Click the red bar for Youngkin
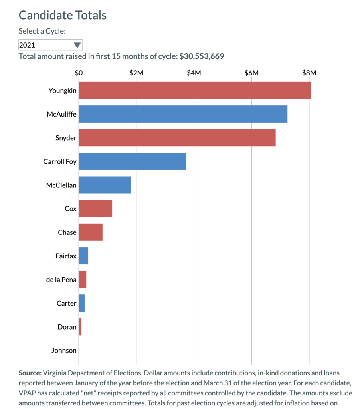click(194, 90)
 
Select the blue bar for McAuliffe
click(183, 114)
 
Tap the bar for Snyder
click(177, 137)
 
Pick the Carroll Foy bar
click(132, 161)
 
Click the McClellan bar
click(105, 185)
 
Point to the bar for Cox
click(95, 208)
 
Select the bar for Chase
click(91, 232)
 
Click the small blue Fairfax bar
click(83, 256)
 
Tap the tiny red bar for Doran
click(80, 327)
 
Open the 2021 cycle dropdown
click(50, 45)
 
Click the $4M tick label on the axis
click(194, 73)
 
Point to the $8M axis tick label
click(309, 73)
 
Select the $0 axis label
click(79, 73)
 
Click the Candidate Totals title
click(63, 15)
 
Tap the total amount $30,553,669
click(202, 56)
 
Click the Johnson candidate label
click(64, 351)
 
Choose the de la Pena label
click(61, 280)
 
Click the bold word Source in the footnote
click(30, 373)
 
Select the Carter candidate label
click(66, 303)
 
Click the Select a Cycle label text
click(42, 31)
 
